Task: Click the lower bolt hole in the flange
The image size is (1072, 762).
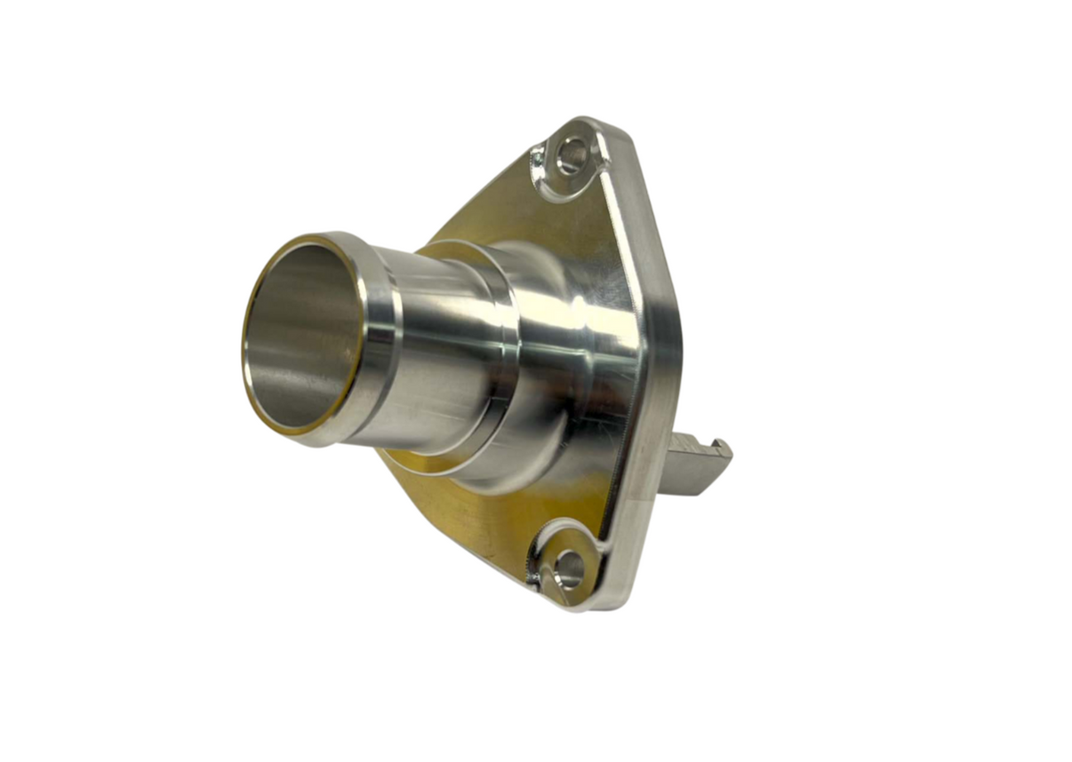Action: tap(568, 568)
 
